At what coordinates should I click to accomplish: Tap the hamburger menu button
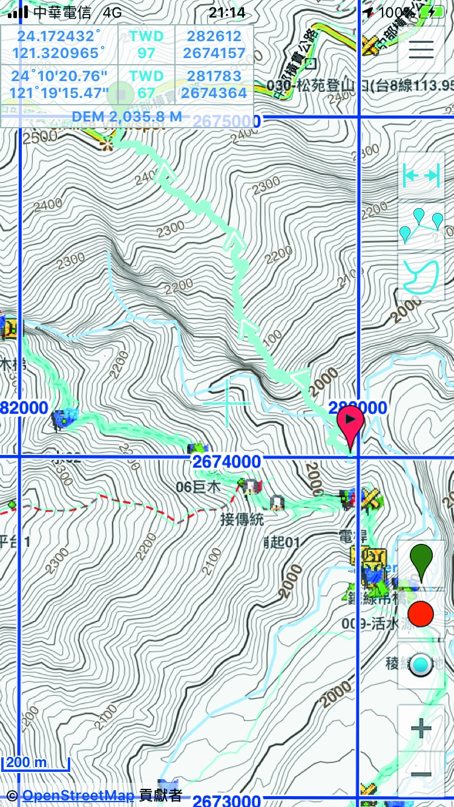tap(421, 49)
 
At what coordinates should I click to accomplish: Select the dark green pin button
tap(421, 562)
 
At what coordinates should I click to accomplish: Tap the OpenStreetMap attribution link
tap(77, 795)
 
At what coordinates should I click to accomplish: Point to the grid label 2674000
tap(226, 462)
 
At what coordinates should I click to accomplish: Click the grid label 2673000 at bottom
tap(226, 800)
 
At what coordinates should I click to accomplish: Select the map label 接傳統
tap(242, 519)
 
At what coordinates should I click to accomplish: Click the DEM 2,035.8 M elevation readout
tap(127, 116)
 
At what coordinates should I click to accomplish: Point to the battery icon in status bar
tap(435, 12)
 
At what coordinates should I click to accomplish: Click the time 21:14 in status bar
tap(227, 12)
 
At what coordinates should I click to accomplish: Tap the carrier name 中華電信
tap(62, 12)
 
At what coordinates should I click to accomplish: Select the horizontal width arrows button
tap(421, 175)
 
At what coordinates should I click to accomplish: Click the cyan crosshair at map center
tap(227, 402)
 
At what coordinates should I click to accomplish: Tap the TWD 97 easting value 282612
tap(214, 36)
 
